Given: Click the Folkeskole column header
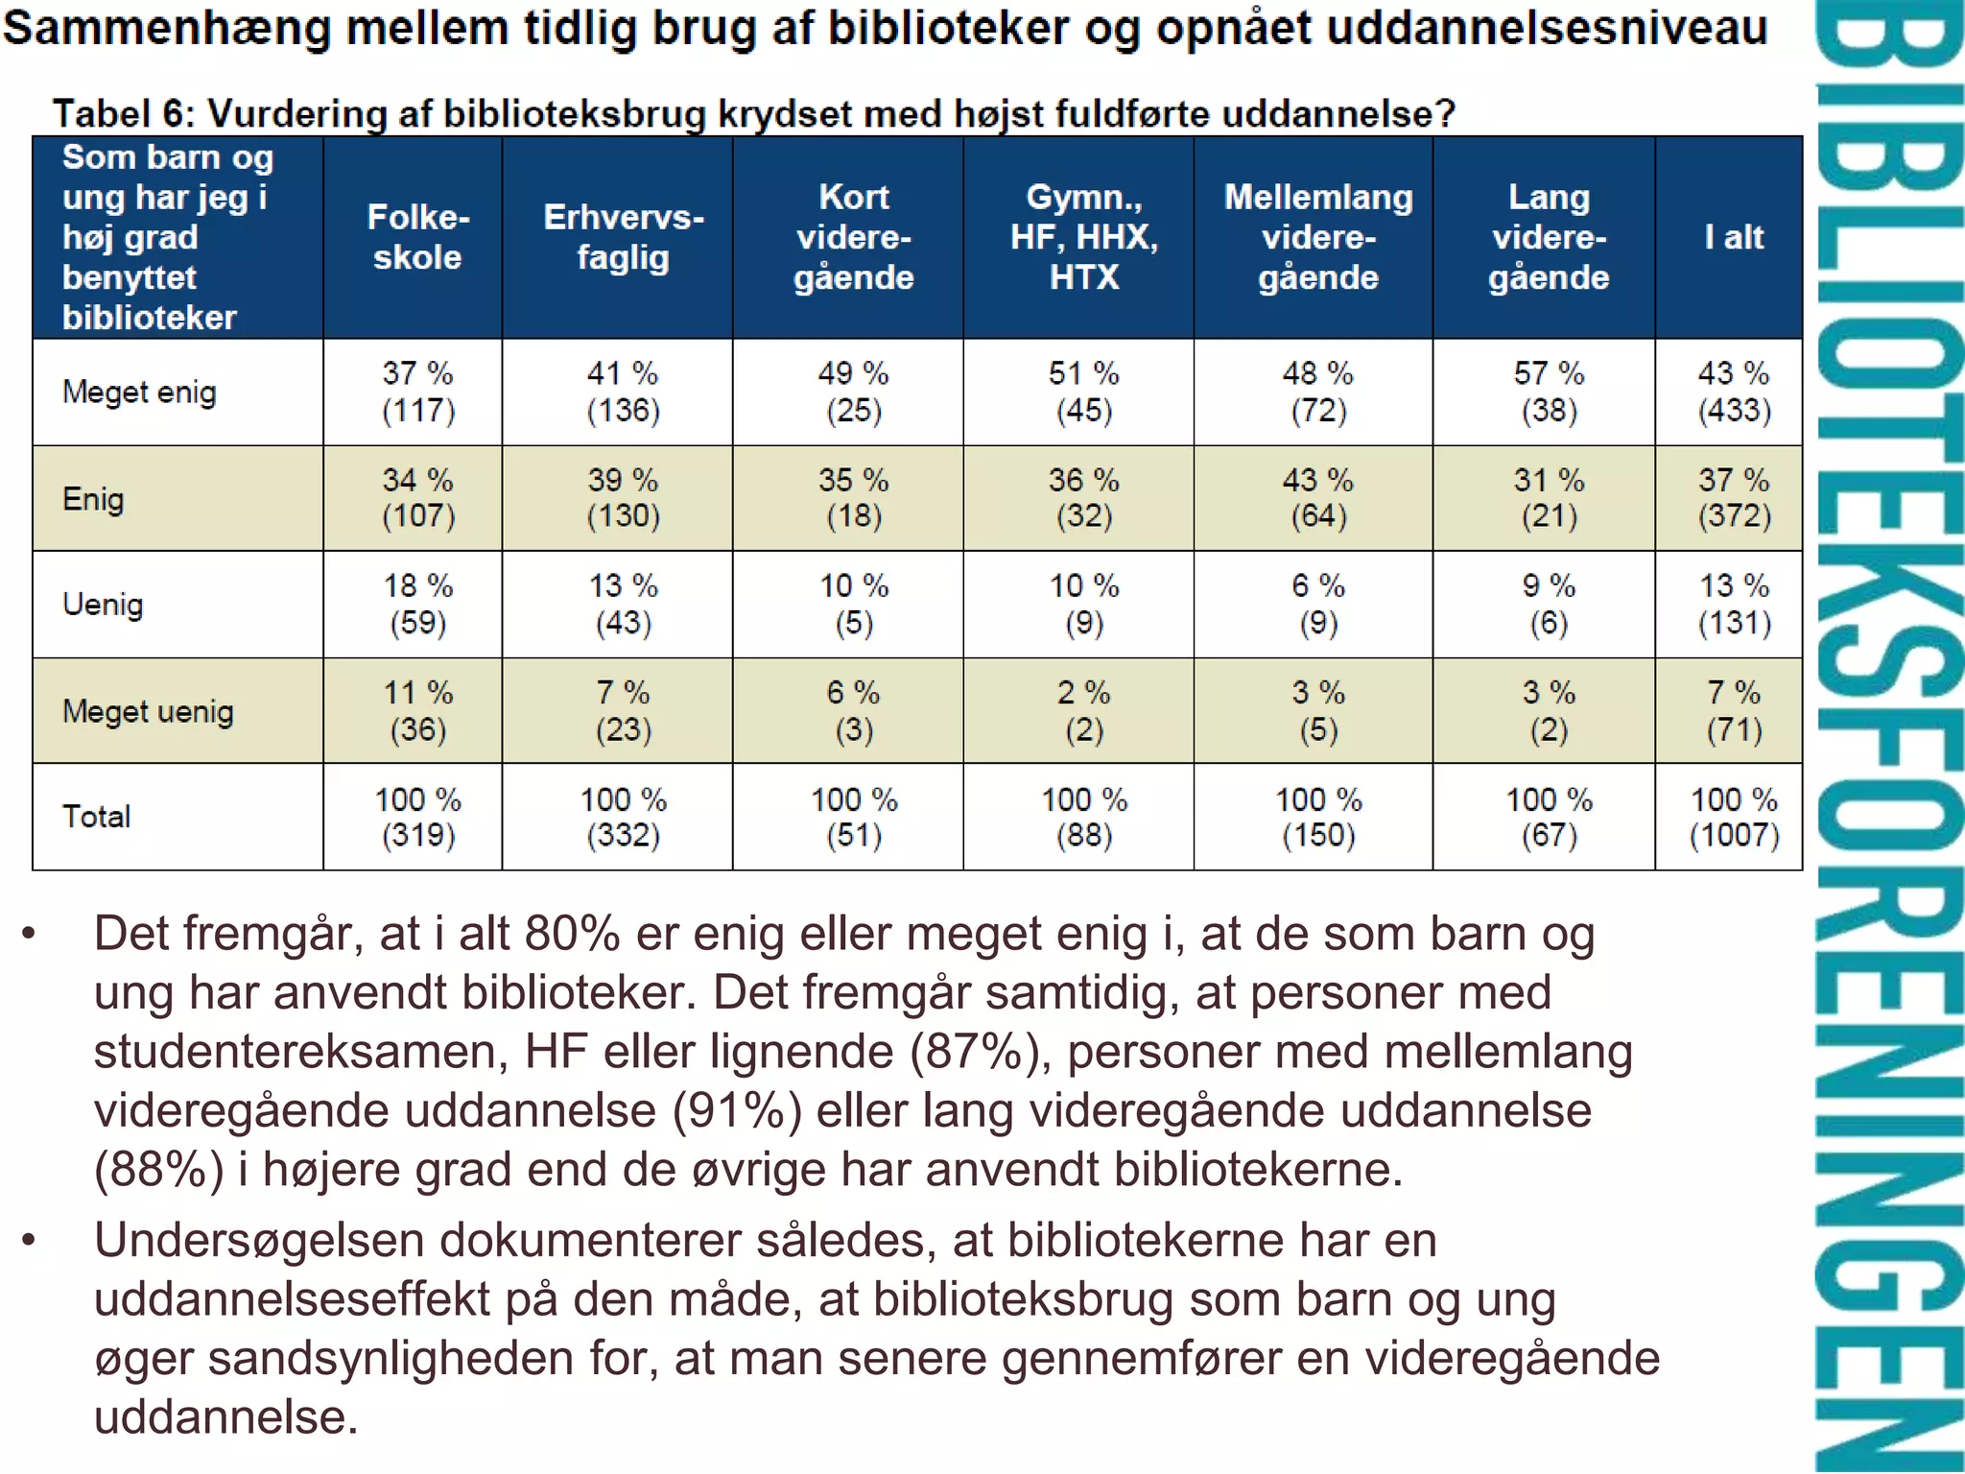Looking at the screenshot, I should (x=417, y=237).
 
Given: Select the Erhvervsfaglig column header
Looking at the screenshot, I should (x=623, y=237).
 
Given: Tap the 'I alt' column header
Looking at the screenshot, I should (x=1733, y=237).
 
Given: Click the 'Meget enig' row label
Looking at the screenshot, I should (x=139, y=392).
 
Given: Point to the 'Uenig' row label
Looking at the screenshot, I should (x=103, y=605).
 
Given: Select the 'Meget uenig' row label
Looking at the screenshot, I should (x=148, y=711).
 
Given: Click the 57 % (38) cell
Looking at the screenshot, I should (x=1549, y=392).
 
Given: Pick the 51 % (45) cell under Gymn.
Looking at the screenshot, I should (x=1083, y=392).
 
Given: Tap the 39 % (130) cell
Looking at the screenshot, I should (x=623, y=498).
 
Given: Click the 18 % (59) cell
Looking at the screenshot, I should (x=417, y=605).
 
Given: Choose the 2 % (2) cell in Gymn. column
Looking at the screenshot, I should (x=1083, y=711).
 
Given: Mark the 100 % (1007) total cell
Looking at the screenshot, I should (x=1733, y=817).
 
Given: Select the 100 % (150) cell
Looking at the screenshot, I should (x=1317, y=817).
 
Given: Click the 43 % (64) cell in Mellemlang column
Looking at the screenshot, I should (x=1317, y=498).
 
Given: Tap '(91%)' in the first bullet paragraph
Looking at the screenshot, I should (x=737, y=1110).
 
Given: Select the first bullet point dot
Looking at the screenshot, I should (x=29, y=934).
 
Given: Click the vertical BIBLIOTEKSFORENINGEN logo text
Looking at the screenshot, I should (x=1885, y=737).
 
